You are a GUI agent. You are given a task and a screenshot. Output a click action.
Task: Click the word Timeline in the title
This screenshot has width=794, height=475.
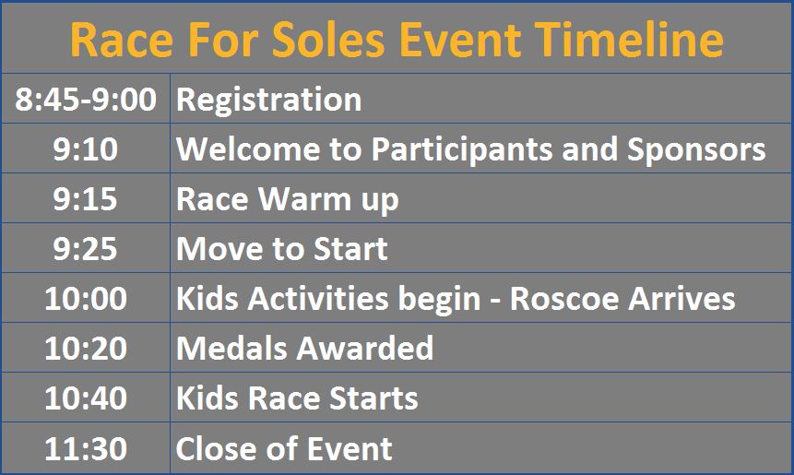pos(630,40)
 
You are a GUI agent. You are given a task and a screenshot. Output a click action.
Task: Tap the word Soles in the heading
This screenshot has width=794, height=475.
pos(328,40)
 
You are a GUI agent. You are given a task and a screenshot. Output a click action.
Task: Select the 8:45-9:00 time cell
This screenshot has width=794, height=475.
pos(86,99)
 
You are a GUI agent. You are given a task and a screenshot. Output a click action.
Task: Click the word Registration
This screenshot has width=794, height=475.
pos(269,101)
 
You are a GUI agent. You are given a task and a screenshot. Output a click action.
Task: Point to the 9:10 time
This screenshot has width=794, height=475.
pos(86,148)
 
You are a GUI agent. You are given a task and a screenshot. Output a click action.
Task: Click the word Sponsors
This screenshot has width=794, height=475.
pos(696,150)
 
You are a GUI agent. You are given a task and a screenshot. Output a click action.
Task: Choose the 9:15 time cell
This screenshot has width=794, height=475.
pos(86,198)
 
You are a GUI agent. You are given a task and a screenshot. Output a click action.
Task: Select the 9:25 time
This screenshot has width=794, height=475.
pos(86,249)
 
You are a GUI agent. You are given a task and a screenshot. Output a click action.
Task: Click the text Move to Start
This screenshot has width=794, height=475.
pos(282,249)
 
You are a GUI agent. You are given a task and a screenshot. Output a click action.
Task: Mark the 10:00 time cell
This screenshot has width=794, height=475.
pos(86,298)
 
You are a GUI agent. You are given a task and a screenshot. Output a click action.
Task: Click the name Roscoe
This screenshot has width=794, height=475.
pos(564,298)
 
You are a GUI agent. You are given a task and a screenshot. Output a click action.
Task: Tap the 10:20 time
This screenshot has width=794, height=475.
pos(86,349)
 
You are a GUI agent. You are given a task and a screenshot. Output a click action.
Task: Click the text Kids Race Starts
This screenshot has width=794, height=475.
pos(297,398)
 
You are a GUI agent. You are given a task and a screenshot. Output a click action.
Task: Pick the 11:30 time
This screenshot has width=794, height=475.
pos(86,448)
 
